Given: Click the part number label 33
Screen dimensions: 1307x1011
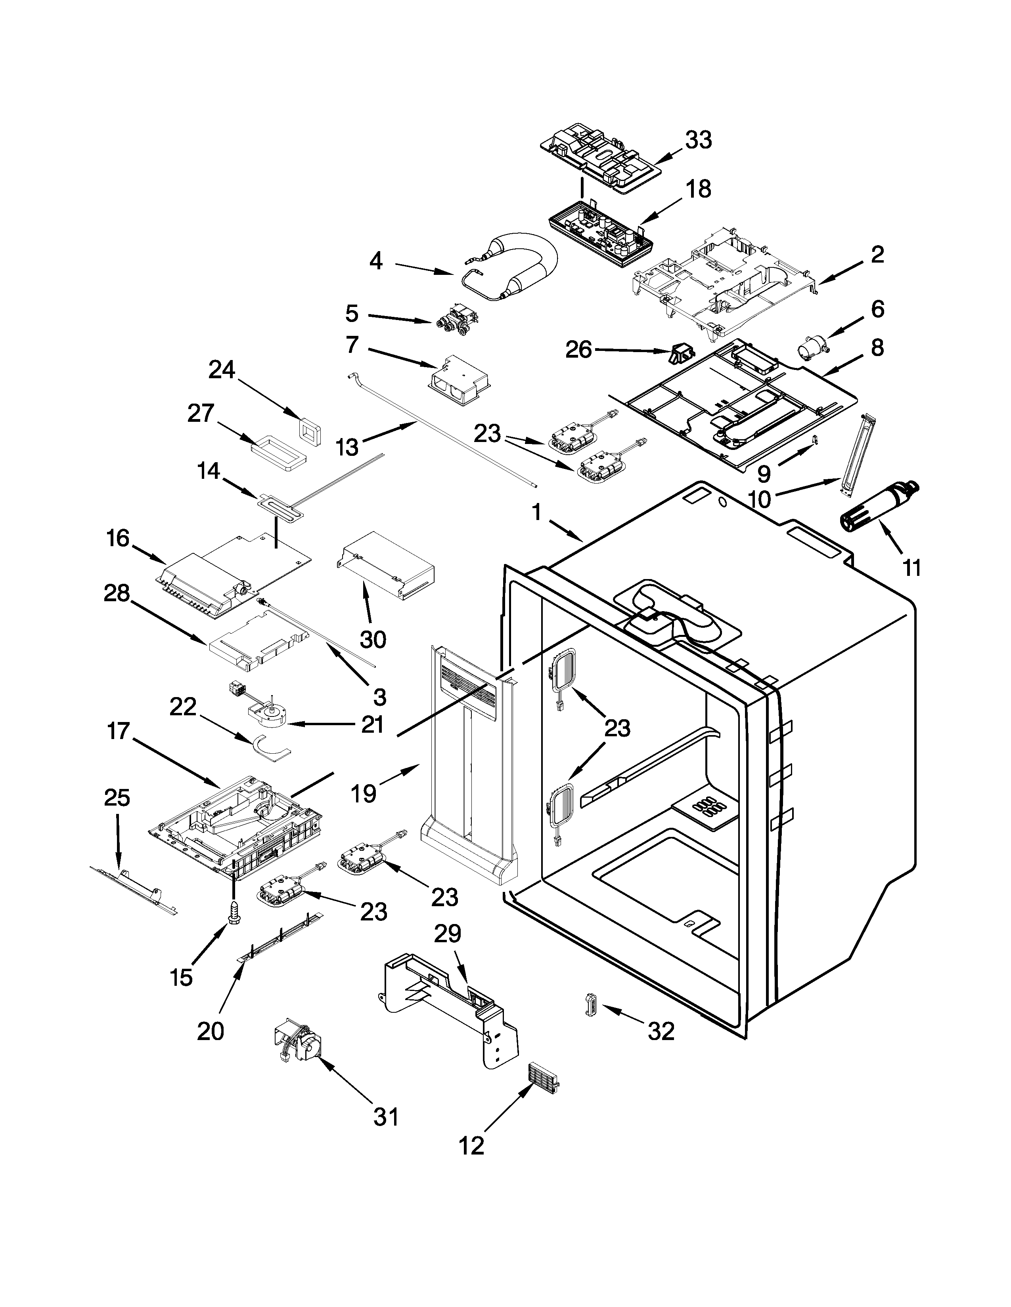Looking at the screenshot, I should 698,140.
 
